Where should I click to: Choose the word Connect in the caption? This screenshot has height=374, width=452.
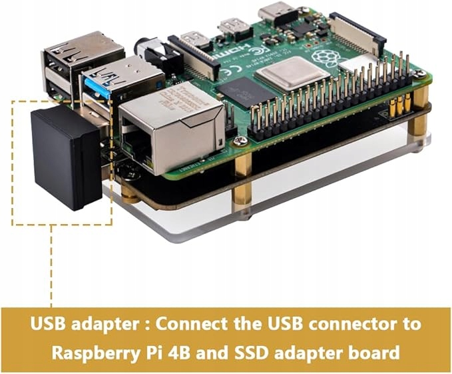point(192,325)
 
